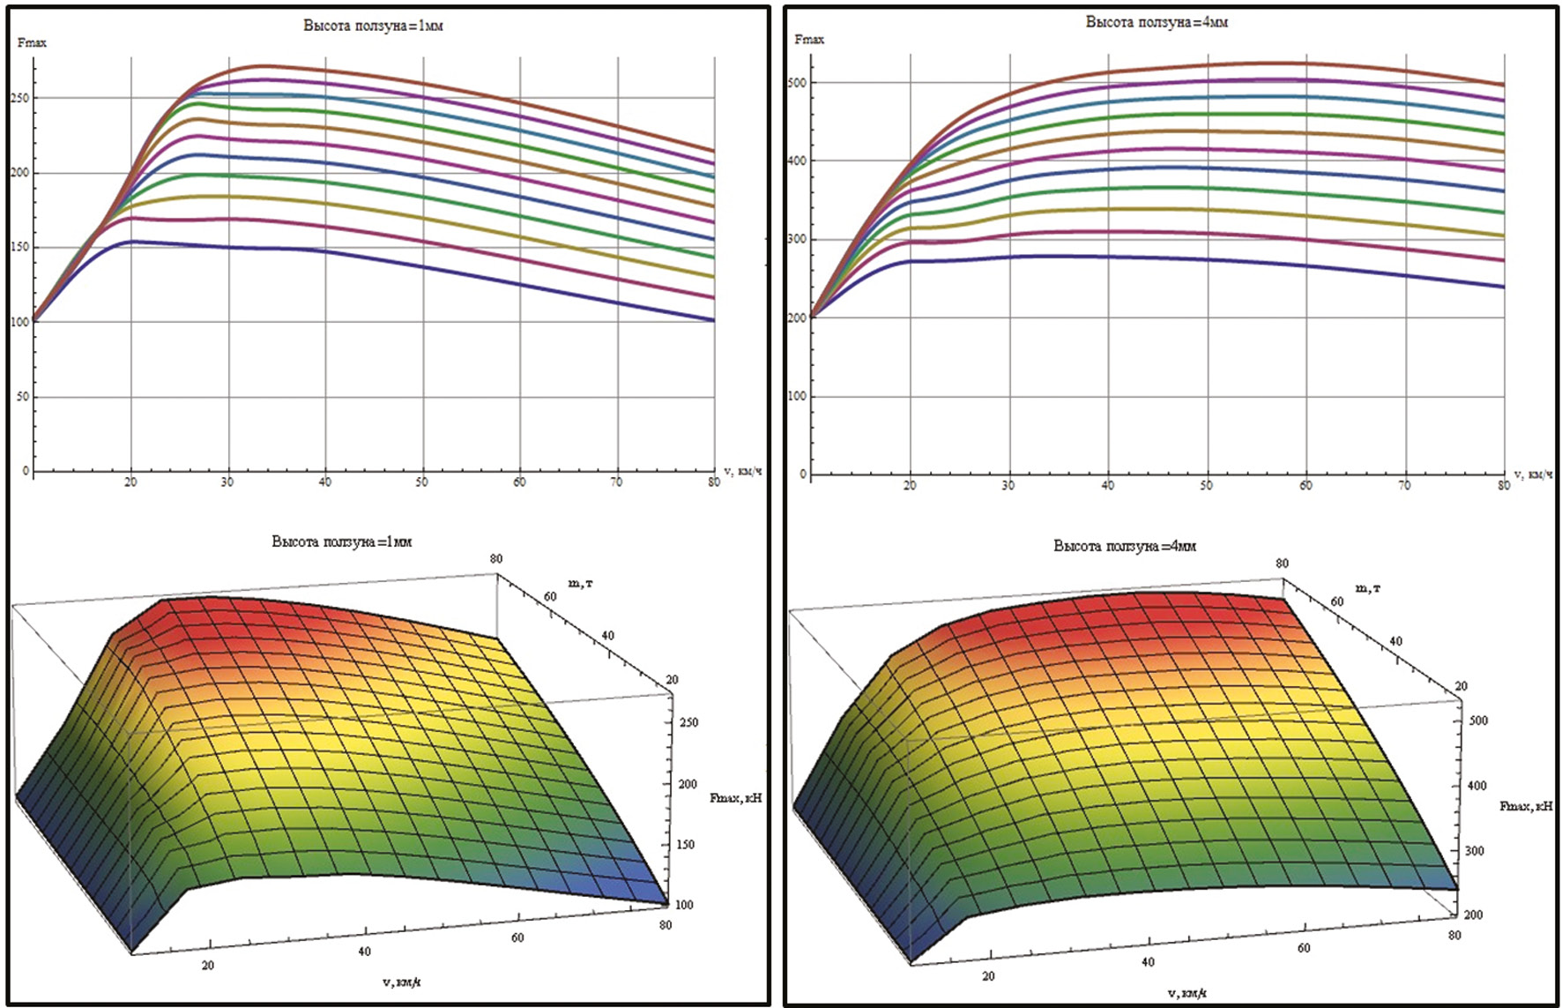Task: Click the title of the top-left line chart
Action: point(373,26)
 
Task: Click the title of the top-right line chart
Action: point(1157,22)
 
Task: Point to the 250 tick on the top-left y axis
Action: point(19,98)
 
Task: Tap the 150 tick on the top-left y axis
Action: point(19,247)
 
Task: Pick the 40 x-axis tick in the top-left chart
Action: point(325,482)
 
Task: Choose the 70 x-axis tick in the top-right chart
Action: point(1404,485)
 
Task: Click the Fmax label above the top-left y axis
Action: point(32,43)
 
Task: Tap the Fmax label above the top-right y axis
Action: point(809,40)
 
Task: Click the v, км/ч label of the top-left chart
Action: point(742,472)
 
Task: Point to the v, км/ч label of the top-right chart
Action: point(1531,475)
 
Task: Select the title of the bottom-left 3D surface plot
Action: point(342,541)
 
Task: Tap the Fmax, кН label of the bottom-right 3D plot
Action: point(1526,806)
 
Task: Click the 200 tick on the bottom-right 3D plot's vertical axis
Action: point(1473,915)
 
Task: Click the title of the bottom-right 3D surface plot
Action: point(1125,546)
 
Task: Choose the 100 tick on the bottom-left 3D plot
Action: point(684,904)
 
